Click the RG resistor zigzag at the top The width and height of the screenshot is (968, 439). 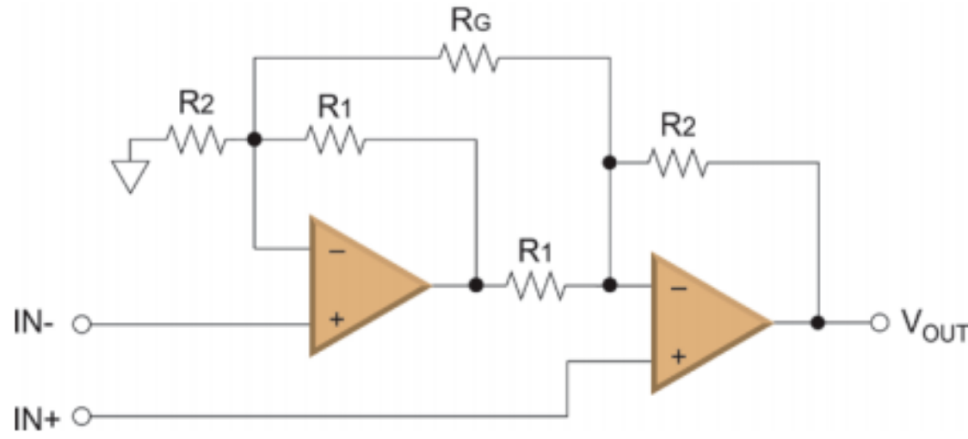(469, 59)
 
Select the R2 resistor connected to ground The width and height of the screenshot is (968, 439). (196, 139)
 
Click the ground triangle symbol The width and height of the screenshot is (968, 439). (130, 176)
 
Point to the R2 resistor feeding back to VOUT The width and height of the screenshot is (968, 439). (678, 162)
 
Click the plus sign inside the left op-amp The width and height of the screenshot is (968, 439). (336, 319)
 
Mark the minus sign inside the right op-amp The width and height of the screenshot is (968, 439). (678, 288)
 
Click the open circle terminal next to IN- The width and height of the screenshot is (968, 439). (83, 325)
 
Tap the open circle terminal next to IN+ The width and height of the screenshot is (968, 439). (83, 418)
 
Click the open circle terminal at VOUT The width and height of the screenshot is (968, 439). (878, 324)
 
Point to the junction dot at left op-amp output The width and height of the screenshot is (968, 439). (475, 284)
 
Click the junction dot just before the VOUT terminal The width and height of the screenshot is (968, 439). (818, 324)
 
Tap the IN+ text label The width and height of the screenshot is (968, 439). (36, 418)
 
